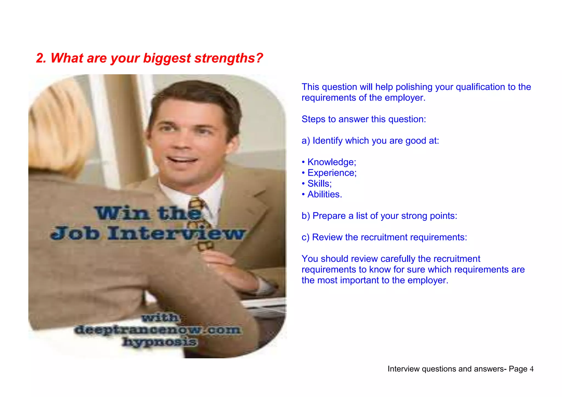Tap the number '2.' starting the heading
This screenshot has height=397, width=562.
tap(41, 58)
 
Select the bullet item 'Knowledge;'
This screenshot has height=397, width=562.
tap(331, 162)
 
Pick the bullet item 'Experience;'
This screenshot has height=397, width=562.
tap(332, 173)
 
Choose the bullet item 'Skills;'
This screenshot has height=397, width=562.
tap(319, 183)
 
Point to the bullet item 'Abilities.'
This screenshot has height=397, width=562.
tap(324, 194)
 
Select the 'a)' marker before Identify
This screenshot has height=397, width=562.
tap(306, 141)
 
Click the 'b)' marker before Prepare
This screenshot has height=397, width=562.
tap(306, 216)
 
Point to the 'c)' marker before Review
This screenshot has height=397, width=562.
tap(305, 237)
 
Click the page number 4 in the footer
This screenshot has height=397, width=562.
tap(532, 369)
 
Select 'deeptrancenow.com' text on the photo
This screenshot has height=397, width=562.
tap(158, 330)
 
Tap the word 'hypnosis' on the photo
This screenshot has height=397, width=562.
tap(159, 342)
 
